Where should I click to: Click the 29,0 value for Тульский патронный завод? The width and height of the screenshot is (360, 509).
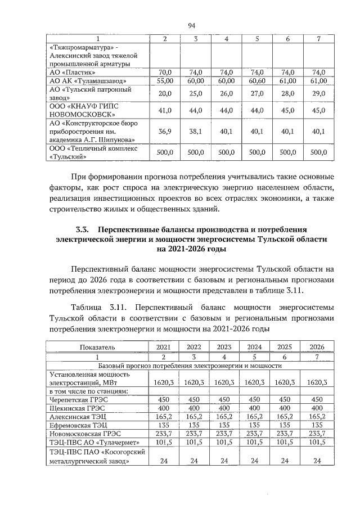click(318, 93)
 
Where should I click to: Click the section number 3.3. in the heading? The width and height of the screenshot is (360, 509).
click(85, 229)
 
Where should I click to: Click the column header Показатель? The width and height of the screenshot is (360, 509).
click(97, 346)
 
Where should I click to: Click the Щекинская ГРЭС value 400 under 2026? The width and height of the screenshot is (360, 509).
click(318, 408)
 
